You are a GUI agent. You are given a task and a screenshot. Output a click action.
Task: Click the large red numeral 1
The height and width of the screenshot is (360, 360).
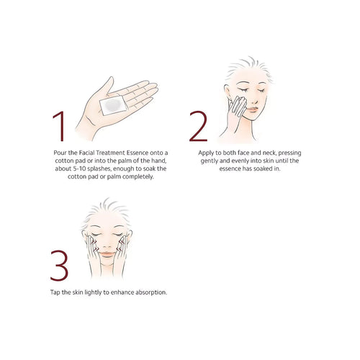click(x=60, y=126)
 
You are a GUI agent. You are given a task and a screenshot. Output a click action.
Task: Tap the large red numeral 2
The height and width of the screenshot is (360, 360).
click(x=198, y=126)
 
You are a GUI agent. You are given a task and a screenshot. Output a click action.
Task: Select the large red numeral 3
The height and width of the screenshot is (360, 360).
click(x=59, y=266)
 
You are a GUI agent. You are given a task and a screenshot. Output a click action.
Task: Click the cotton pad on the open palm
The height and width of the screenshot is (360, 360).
click(x=113, y=105)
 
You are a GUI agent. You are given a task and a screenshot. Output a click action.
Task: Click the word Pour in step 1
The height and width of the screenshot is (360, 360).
click(x=60, y=153)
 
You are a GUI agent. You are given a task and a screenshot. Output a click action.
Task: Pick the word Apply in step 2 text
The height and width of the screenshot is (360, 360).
click(x=205, y=153)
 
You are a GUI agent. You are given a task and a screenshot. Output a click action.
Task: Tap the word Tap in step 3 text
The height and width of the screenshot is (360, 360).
click(x=55, y=292)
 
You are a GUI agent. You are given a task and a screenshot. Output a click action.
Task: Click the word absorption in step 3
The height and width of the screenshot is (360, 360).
click(x=151, y=292)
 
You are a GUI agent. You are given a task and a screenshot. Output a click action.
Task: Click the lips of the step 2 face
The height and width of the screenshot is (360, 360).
click(x=253, y=109)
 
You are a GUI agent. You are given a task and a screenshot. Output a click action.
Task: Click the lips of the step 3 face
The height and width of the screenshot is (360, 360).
click(x=107, y=254)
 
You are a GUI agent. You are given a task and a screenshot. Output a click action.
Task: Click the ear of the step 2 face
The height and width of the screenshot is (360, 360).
click(x=228, y=91)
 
